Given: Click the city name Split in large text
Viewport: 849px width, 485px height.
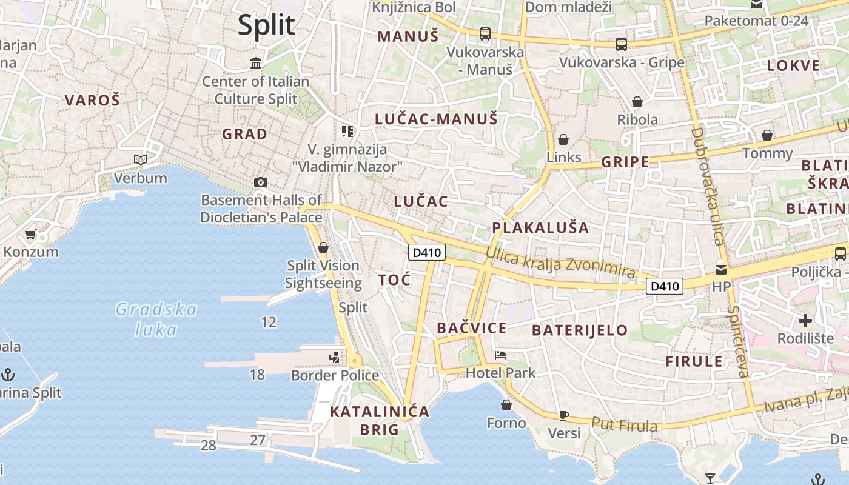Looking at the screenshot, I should [x=266, y=25].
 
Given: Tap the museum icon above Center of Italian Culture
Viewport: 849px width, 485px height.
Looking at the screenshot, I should [x=256, y=63].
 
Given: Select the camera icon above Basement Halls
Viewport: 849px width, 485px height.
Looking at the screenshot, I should [x=261, y=182].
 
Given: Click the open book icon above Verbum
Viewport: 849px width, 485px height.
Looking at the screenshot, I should [x=141, y=160].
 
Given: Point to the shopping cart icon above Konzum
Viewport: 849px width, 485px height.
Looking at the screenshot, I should [x=31, y=234].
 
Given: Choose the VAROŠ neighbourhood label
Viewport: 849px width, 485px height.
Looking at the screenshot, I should [x=92, y=100].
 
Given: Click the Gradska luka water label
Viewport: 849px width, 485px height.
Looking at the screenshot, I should [x=156, y=319].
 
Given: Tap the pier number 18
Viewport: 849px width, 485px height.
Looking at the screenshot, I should [x=257, y=375].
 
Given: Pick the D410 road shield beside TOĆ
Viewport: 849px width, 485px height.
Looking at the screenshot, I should [x=427, y=252].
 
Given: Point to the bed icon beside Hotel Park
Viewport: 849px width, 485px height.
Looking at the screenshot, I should [x=500, y=355].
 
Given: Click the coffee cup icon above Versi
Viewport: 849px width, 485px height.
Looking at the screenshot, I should [x=564, y=415].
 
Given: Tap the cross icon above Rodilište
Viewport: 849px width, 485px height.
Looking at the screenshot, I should [x=805, y=320].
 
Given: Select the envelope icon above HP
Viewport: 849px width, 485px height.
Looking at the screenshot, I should [x=721, y=269].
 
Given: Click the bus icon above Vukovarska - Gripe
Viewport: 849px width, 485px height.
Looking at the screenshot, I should [x=622, y=44].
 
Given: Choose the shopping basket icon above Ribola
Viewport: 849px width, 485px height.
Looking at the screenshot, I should [x=637, y=102].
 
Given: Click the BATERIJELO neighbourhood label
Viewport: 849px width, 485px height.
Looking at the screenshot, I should [x=580, y=330].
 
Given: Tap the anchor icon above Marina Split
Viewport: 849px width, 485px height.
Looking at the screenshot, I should [x=8, y=374].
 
